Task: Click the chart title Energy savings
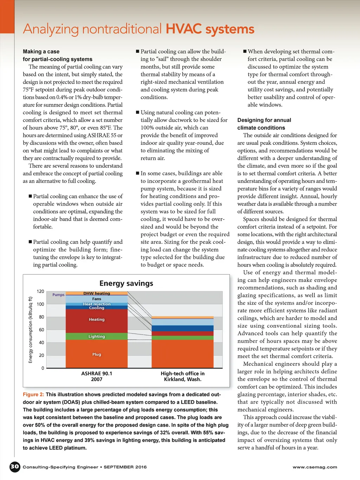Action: click(126, 283)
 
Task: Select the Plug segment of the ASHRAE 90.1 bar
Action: click(97, 354)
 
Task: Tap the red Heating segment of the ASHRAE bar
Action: click(97, 320)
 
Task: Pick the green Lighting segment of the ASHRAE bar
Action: click(97, 337)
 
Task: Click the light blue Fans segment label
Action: click(97, 299)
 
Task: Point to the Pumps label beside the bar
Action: click(58, 295)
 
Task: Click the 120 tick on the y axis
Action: click(40, 292)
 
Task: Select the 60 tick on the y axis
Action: click(41, 330)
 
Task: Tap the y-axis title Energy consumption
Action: click(31, 330)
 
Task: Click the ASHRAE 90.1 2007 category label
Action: click(97, 376)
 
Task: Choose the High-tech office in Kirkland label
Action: click(182, 376)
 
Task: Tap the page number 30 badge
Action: click(15, 467)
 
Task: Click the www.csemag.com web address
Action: click(315, 467)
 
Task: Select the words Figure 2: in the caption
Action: click(33, 395)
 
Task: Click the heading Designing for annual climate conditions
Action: click(264, 124)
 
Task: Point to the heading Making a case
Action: click(41, 52)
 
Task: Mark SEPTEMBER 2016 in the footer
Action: click(125, 467)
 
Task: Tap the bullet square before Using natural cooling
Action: click(138, 113)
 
